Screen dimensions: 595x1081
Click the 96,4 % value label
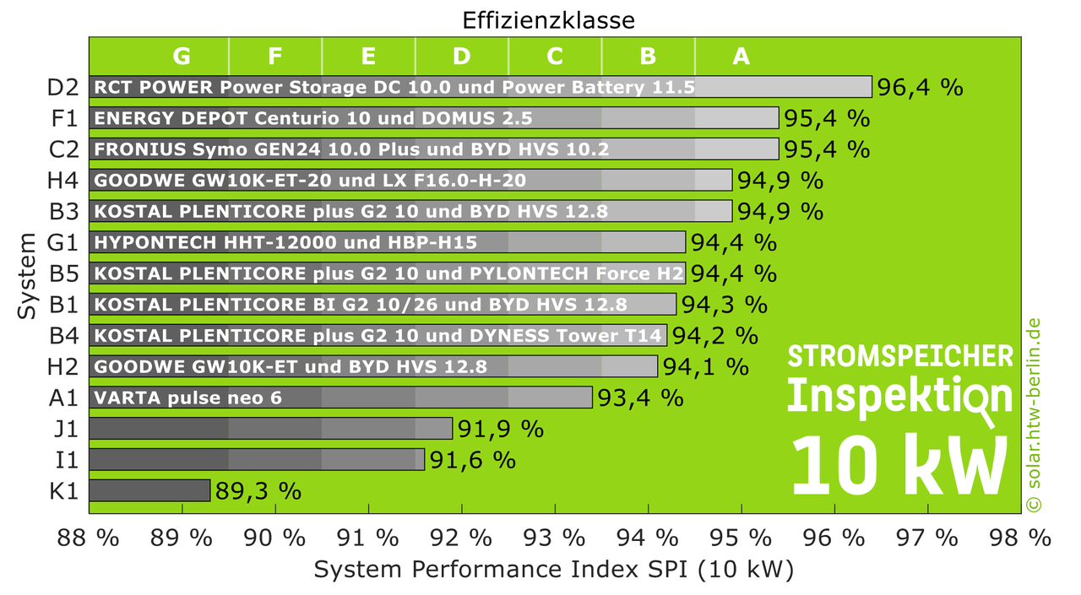[x=920, y=87]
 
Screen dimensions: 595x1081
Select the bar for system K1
[x=149, y=490]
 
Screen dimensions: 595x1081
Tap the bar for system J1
[x=270, y=428]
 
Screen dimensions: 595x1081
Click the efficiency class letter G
[x=182, y=56]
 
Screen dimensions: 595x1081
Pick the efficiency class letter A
[x=741, y=56]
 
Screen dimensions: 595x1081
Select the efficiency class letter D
[x=461, y=56]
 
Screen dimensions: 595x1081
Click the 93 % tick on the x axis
[x=557, y=538]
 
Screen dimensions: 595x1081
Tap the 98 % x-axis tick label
[x=1020, y=538]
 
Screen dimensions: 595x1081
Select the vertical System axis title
[x=27, y=276]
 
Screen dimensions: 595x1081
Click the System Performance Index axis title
[x=554, y=571]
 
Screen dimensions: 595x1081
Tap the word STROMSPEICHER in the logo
[x=900, y=356]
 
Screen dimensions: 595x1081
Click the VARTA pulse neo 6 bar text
[x=188, y=398]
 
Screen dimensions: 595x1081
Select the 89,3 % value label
[x=258, y=491]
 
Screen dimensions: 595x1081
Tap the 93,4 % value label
[x=640, y=398]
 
